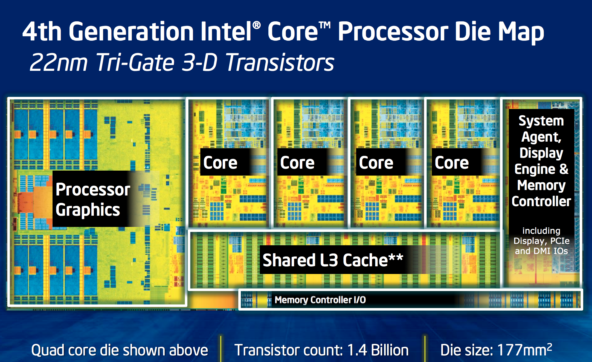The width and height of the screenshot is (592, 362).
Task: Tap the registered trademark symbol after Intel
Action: pos(256,25)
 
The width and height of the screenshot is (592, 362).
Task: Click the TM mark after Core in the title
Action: pos(325,25)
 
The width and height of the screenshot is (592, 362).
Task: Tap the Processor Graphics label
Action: pos(92,199)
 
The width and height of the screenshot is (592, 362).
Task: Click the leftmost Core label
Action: pos(220,163)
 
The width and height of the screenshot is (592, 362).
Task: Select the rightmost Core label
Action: pos(452,163)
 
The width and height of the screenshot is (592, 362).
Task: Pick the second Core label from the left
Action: pos(297,163)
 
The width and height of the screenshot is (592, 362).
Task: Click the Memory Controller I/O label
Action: pos(320,300)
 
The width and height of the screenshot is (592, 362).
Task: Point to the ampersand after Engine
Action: pos(564,169)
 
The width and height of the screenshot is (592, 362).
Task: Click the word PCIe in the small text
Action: pos(560,241)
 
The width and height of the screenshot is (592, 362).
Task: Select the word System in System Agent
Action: pos(541,121)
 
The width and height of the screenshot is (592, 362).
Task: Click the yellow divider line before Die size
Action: pos(425,349)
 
